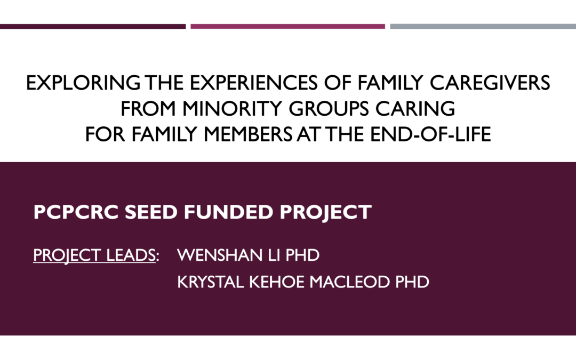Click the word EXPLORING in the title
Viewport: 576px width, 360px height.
coord(83,83)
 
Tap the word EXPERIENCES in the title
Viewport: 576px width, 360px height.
coord(253,83)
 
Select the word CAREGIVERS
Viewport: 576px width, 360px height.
coord(490,83)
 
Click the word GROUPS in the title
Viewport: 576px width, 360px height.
coord(329,109)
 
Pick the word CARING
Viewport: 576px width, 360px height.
coord(415,109)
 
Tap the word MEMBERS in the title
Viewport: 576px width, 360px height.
coord(248,134)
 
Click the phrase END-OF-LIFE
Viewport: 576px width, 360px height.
coord(430,134)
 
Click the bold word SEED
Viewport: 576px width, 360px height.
coord(151,212)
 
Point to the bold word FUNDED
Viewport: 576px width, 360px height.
coord(228,212)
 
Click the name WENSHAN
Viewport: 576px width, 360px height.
coord(220,255)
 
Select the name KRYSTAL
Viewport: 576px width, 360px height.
coord(210,282)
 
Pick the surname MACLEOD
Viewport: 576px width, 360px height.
coord(349,282)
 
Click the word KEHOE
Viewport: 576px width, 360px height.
coord(277,282)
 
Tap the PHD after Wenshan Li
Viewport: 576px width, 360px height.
coord(302,255)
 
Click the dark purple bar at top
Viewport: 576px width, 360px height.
coord(93,27)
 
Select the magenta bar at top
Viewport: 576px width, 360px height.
coord(287,27)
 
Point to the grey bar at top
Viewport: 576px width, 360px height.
coord(483,27)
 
